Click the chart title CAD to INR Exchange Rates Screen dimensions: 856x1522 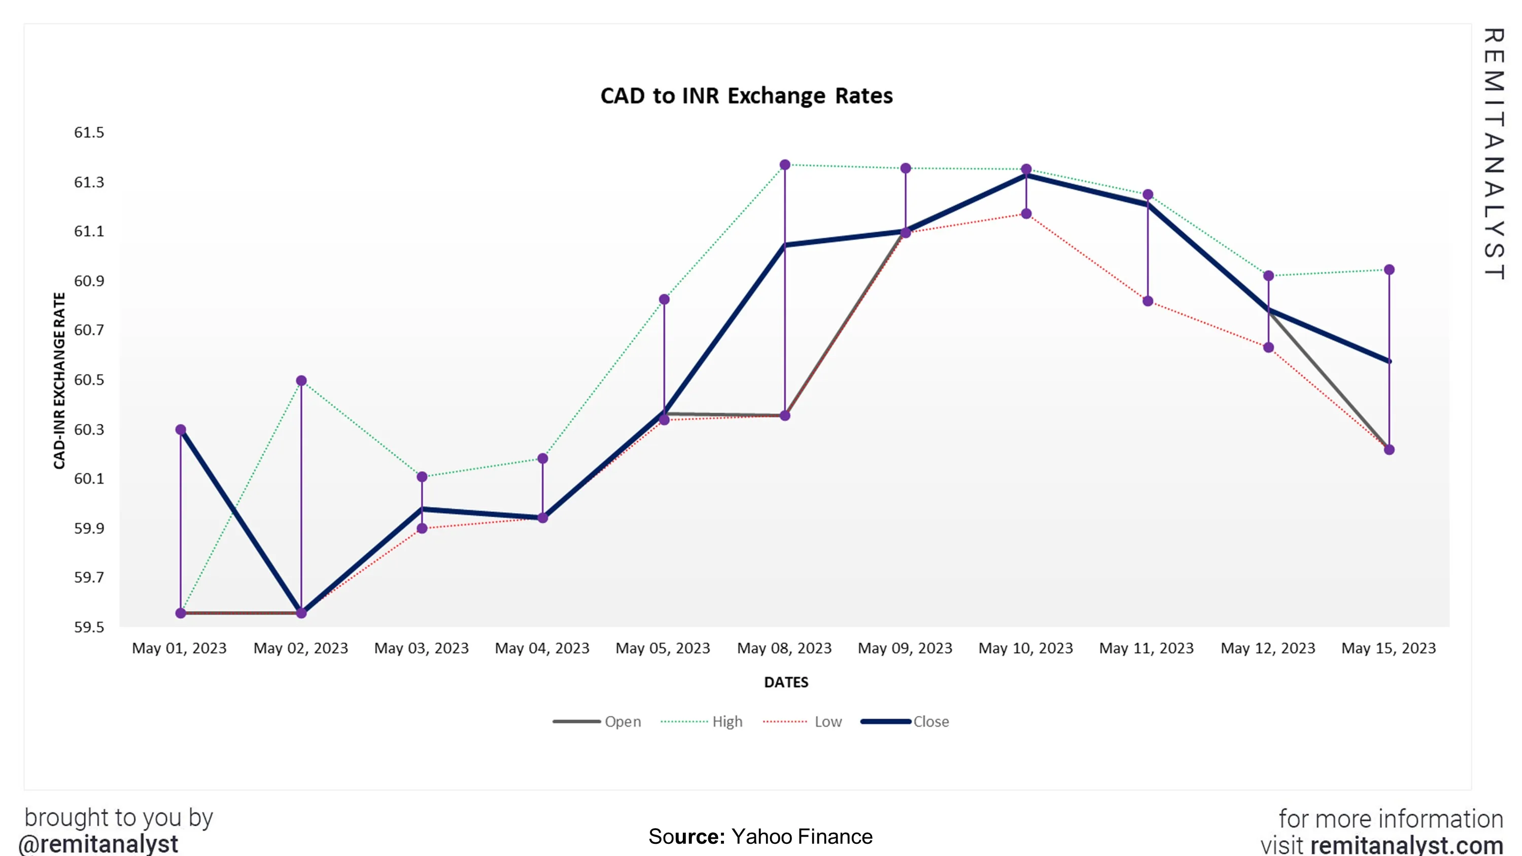(746, 96)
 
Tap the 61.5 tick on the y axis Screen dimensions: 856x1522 (89, 132)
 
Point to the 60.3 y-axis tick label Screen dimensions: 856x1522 (89, 430)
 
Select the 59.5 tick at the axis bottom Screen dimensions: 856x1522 (89, 627)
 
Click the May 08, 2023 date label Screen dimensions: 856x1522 (784, 648)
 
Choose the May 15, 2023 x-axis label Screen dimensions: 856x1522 (1389, 648)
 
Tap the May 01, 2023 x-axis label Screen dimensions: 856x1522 (179, 648)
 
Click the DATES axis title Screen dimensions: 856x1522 (786, 683)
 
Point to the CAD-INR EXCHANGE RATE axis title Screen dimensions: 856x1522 (59, 381)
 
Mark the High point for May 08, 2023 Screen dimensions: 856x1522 (785, 165)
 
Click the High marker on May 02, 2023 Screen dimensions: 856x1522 (301, 380)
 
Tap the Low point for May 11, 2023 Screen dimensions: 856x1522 (1148, 301)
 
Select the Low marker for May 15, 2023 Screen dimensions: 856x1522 (1389, 450)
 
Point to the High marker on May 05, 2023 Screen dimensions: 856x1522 (664, 300)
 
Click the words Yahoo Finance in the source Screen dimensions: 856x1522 (801, 837)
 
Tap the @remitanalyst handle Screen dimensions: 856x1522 (98, 844)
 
